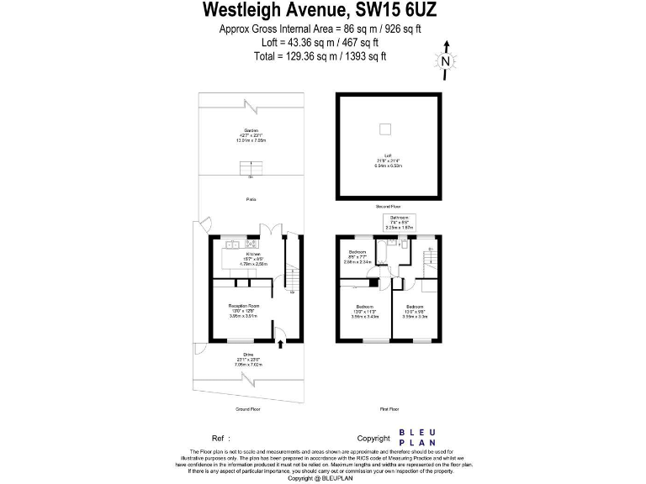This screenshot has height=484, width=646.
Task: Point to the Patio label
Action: point(251,199)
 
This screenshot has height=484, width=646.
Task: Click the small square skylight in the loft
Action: point(386,129)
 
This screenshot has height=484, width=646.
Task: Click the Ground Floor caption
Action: point(247,409)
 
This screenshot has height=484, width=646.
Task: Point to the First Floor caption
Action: point(389,409)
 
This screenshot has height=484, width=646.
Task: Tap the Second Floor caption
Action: point(388,206)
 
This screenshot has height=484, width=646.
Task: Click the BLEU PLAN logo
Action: point(416,438)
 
